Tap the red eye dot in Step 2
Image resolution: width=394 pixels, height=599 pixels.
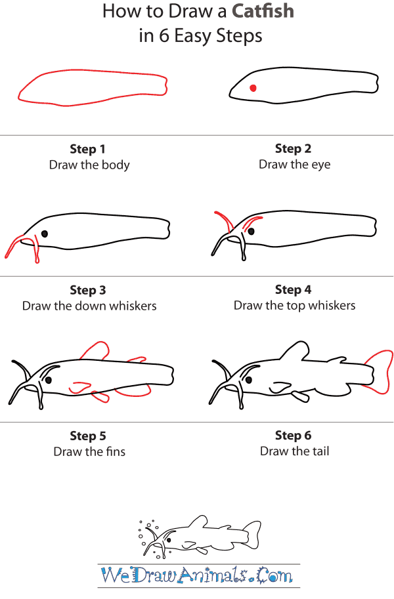(253, 88)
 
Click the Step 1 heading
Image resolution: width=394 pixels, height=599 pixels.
(88, 149)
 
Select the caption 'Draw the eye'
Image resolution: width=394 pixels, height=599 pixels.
(294, 165)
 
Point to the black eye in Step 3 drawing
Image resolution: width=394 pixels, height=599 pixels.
(45, 233)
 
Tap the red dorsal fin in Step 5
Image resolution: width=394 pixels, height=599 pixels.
(95, 350)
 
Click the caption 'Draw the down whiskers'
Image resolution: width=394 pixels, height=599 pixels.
(89, 306)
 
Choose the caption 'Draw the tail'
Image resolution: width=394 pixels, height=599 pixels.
(294, 451)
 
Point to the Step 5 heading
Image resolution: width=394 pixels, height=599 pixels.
(88, 436)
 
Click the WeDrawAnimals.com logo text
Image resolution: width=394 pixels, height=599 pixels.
(197, 576)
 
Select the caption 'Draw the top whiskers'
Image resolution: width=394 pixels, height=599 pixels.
(294, 305)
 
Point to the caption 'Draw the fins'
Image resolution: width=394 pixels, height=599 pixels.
(89, 451)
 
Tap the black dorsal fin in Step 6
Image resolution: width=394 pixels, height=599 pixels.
(295, 351)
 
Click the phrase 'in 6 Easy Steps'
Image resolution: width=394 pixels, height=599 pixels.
(200, 35)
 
